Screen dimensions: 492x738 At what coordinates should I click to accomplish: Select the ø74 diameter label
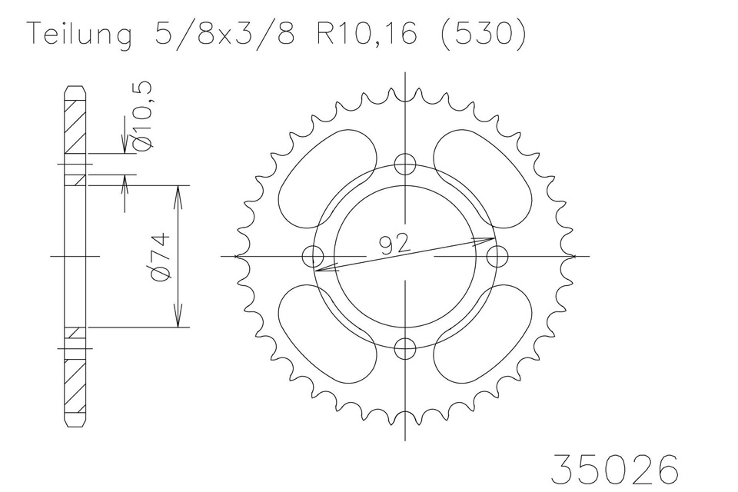click(x=160, y=258)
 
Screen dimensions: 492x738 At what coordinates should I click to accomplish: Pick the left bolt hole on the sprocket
click(x=312, y=256)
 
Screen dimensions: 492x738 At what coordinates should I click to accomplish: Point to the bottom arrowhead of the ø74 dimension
click(x=178, y=319)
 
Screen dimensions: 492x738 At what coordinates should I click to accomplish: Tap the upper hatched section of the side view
click(x=74, y=127)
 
